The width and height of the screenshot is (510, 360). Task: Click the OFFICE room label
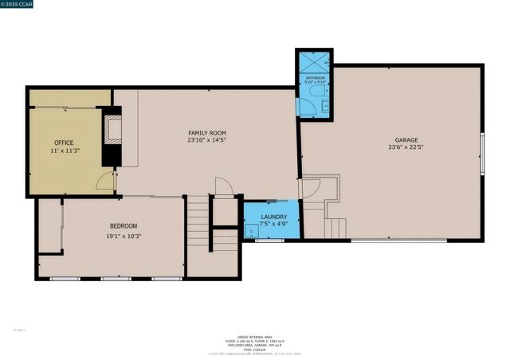tap(64, 143)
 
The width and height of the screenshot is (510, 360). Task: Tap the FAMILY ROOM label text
tap(207, 133)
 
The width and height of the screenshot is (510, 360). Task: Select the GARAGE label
tap(406, 139)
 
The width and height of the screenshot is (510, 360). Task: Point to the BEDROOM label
tap(124, 226)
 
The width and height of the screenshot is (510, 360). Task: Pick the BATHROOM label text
tap(314, 76)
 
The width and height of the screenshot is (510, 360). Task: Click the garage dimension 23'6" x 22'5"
tap(406, 147)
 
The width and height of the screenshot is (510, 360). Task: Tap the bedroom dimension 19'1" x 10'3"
tap(124, 236)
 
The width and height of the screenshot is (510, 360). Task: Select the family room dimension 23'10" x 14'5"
tap(207, 141)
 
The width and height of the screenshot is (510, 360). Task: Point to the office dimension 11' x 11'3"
tap(64, 151)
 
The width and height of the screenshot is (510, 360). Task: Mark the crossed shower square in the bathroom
tap(314, 62)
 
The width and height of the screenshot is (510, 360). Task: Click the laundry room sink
tap(251, 233)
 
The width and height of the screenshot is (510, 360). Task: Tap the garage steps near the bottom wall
tap(335, 229)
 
